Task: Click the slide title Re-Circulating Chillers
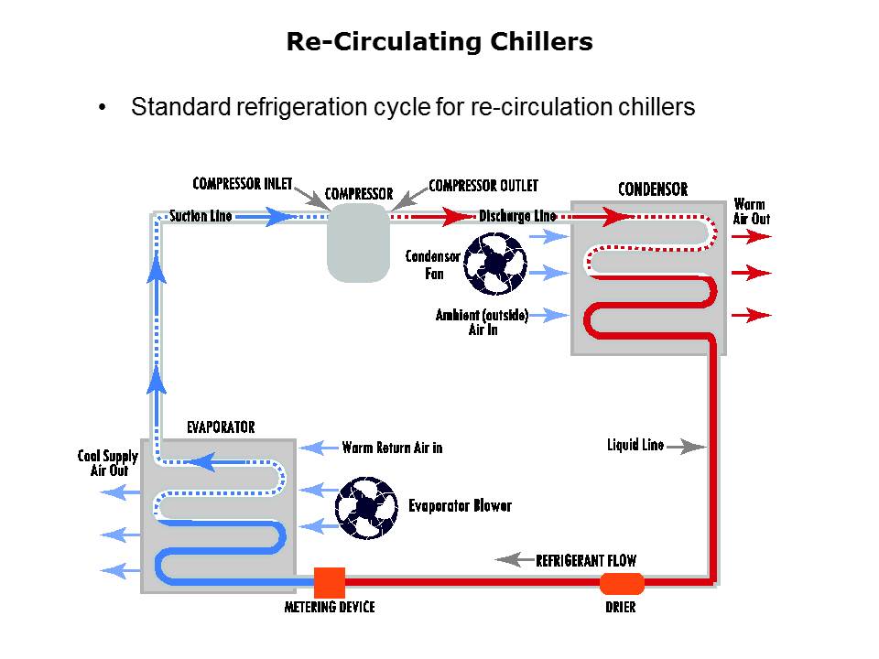point(439,42)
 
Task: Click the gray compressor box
point(358,242)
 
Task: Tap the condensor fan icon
point(494,264)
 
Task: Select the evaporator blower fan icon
point(367,506)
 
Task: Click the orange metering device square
point(330,582)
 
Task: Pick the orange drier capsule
point(622,583)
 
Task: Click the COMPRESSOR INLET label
point(243,184)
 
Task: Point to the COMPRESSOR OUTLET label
point(483,186)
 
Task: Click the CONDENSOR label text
point(653,189)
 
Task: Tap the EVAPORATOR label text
point(221,427)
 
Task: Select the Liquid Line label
point(635,446)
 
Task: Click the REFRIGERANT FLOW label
point(586,560)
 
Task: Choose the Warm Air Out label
point(751,211)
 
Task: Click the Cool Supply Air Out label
point(108,463)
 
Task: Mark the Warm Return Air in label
point(392,448)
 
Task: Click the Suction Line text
point(201,217)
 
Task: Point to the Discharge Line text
point(517,217)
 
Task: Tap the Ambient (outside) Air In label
point(482,322)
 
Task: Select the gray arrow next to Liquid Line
point(687,447)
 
